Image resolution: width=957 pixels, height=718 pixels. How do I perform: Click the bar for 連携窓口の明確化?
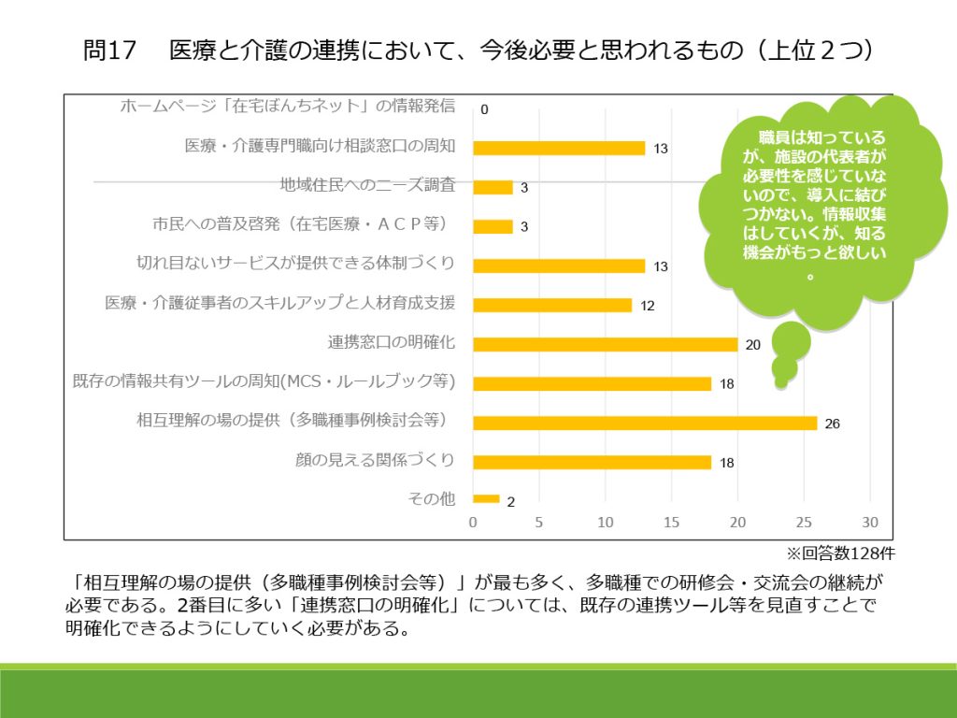coord(606,343)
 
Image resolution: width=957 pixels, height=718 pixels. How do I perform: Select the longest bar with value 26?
coord(645,423)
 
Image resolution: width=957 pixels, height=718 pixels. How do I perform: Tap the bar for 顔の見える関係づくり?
coord(593,462)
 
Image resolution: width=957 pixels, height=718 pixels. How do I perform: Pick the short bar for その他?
coord(487,499)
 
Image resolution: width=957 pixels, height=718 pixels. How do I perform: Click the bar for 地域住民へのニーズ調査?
coord(493,187)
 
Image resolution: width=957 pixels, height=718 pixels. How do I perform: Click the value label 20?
coord(753,344)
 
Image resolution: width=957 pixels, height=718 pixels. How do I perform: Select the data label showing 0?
coord(484,109)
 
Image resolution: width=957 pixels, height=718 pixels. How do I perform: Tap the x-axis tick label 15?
coord(672,522)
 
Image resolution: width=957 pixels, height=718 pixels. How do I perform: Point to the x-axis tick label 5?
coord(539,522)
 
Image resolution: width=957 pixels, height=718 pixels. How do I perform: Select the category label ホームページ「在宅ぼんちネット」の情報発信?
coord(288,106)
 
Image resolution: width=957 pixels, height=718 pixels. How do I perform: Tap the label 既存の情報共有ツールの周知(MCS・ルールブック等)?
coord(264,381)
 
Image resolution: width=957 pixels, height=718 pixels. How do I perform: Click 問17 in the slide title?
coord(109,51)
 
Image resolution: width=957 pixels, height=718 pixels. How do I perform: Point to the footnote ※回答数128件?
coord(835,553)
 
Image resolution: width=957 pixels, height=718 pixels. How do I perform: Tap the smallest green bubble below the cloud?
coord(780,381)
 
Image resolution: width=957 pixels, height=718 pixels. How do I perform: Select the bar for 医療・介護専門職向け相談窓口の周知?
coord(559,148)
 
